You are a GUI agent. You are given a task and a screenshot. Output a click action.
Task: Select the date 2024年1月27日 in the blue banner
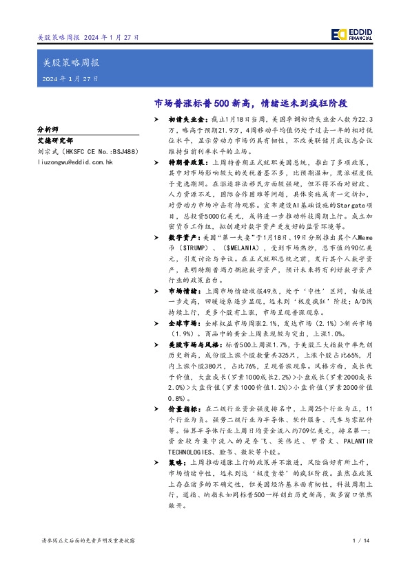[x=70, y=80]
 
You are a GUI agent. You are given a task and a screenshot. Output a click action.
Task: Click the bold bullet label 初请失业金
[x=186, y=119]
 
